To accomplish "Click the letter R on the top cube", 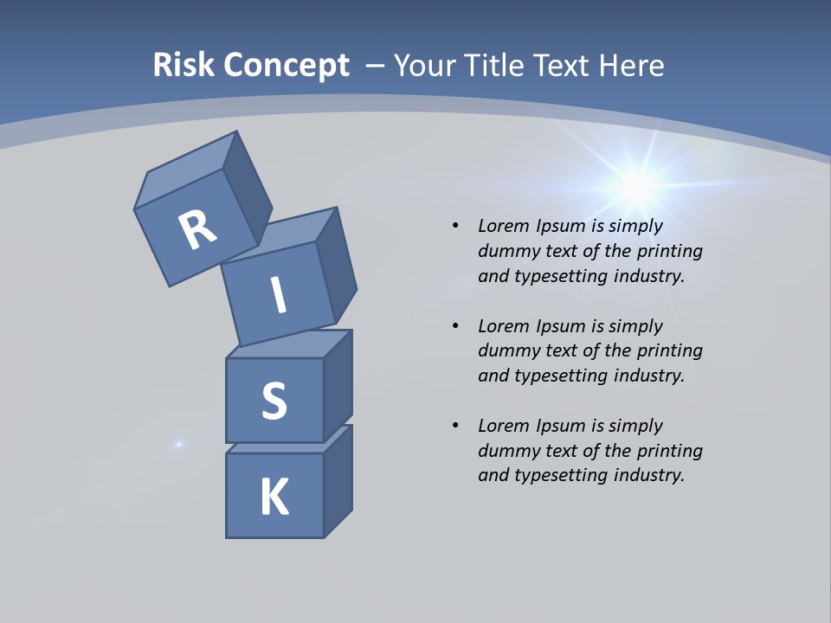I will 198,229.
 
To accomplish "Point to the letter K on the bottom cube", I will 274,498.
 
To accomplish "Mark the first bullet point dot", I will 455,227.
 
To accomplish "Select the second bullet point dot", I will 455,326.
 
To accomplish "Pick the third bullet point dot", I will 455,426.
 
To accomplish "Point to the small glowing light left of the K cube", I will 179,444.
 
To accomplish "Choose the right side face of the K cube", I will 338,481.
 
